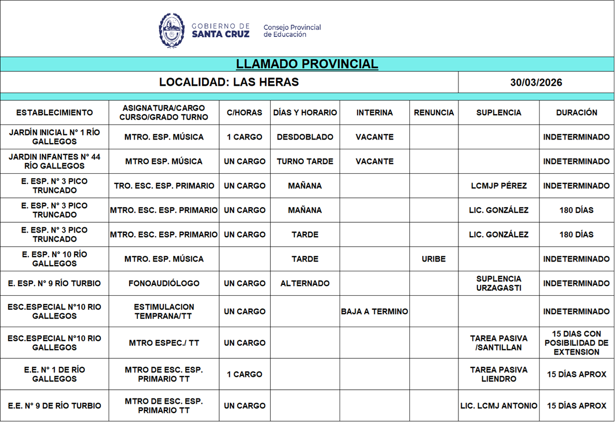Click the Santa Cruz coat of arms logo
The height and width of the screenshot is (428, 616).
click(x=171, y=30)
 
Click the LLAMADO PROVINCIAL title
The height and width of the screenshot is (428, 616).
click(x=307, y=64)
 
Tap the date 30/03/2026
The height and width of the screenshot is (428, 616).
click(x=536, y=83)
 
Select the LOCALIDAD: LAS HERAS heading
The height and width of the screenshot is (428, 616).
click(x=229, y=82)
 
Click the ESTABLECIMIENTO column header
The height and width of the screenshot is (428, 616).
click(x=54, y=113)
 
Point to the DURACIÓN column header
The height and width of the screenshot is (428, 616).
click(x=576, y=113)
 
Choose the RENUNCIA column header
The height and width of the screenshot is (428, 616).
click(x=434, y=113)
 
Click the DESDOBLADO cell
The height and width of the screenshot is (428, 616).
click(x=305, y=137)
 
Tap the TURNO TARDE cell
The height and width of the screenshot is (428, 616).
click(x=305, y=161)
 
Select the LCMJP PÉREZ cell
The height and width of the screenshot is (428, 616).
click(x=499, y=186)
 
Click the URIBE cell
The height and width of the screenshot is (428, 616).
click(x=434, y=259)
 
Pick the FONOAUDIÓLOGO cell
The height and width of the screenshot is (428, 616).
click(x=164, y=283)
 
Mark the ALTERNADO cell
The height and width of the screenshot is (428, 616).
click(x=305, y=283)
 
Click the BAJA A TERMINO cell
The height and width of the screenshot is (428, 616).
click(x=374, y=312)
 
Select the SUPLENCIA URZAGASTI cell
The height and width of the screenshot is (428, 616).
click(x=499, y=283)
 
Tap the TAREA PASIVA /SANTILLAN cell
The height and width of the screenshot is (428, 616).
click(x=499, y=343)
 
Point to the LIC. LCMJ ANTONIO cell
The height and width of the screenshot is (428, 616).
click(x=499, y=406)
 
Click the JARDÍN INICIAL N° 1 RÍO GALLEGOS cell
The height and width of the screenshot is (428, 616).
click(x=54, y=137)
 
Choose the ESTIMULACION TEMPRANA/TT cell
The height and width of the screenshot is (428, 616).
click(x=164, y=311)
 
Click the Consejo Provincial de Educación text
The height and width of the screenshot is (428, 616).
click(x=292, y=30)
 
